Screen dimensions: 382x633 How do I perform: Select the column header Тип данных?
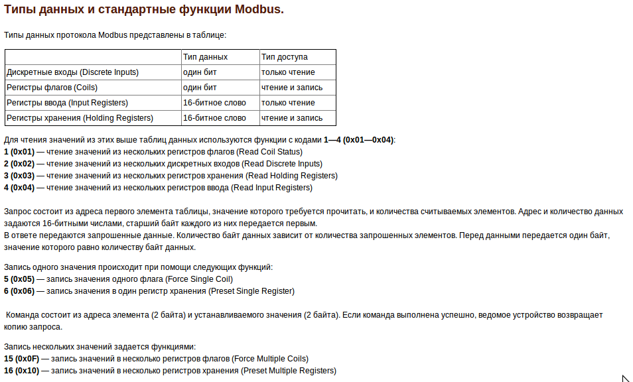coord(205,57)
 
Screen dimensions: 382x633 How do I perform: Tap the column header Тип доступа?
coord(284,57)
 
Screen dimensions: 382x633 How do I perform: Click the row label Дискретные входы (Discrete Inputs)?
coord(72,72)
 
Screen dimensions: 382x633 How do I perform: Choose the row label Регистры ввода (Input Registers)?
coord(67,103)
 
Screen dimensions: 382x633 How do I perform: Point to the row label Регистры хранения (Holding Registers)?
coord(80,118)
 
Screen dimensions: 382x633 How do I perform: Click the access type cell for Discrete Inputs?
coord(288,72)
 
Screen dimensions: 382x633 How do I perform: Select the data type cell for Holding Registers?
coord(214,118)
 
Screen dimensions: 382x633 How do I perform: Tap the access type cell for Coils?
coord(292,88)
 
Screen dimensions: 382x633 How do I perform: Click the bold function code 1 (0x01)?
coord(19,152)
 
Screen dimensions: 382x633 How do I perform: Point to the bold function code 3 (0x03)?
coord(19,176)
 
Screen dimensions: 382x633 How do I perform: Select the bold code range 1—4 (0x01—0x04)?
coord(358,140)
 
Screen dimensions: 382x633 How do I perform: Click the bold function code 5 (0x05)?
coord(19,279)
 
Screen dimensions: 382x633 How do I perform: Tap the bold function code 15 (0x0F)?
coord(21,359)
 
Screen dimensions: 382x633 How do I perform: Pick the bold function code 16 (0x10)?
coord(21,371)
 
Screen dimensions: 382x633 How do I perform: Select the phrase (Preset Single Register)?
coord(251,291)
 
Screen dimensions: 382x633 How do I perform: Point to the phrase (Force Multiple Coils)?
coord(271,359)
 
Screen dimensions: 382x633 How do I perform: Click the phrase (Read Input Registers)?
coord(271,188)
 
